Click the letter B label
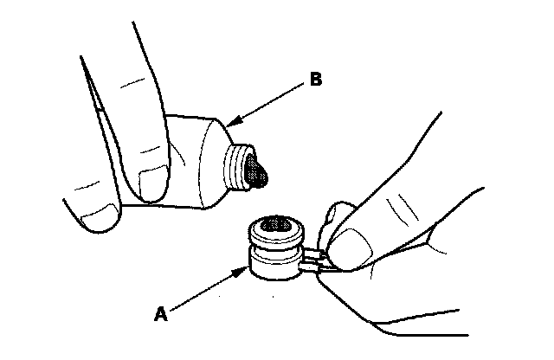click(x=316, y=81)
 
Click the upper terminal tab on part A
click(x=315, y=252)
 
